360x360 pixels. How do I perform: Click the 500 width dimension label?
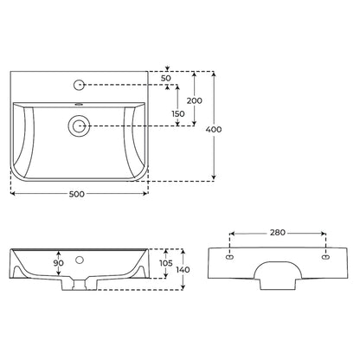coord(77,194)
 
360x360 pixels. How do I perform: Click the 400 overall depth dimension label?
coord(214,130)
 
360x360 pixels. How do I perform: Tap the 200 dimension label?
coord(195,100)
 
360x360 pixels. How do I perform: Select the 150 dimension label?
coord(178,114)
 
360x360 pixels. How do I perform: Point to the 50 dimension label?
coord(166,78)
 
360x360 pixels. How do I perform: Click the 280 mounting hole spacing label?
coord(278,233)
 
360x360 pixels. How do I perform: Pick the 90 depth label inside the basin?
coord(59,263)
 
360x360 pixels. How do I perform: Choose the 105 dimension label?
coord(166,263)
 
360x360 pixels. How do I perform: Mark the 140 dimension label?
coord(183,270)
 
